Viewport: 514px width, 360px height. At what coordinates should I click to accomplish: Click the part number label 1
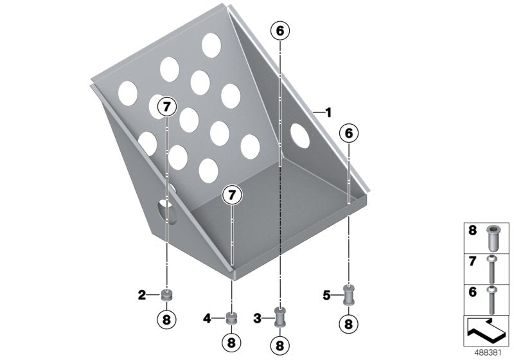pyautogui.click(x=328, y=113)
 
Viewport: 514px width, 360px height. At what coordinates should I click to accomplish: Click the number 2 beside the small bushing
pyautogui.click(x=141, y=295)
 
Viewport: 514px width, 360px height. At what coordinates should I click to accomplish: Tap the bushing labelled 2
pyautogui.click(x=167, y=295)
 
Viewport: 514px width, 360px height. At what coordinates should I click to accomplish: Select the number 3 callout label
pyautogui.click(x=258, y=318)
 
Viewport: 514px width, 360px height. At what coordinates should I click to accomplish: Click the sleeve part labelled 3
pyautogui.click(x=279, y=317)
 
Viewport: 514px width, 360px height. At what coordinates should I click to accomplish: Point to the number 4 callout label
pyautogui.click(x=207, y=318)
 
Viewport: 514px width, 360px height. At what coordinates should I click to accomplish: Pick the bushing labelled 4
pyautogui.click(x=232, y=318)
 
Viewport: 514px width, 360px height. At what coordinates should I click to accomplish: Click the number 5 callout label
pyautogui.click(x=326, y=296)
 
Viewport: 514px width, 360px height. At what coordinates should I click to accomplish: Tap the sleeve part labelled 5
pyautogui.click(x=348, y=295)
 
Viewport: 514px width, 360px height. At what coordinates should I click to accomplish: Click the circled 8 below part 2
pyautogui.click(x=166, y=319)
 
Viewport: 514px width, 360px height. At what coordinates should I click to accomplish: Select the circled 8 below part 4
pyautogui.click(x=231, y=343)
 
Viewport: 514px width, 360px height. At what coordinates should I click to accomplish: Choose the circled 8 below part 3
pyautogui.click(x=279, y=345)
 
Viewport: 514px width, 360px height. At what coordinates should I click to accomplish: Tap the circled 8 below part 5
pyautogui.click(x=348, y=324)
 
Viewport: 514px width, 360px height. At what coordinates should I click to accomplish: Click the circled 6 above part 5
pyautogui.click(x=348, y=134)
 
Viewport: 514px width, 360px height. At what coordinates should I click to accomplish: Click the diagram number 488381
pyautogui.click(x=488, y=353)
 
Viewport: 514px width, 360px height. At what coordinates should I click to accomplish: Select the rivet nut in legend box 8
pyautogui.click(x=492, y=238)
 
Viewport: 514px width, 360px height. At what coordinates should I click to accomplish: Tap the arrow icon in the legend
pyautogui.click(x=486, y=330)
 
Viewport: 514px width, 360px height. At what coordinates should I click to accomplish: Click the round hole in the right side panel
pyautogui.click(x=300, y=136)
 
